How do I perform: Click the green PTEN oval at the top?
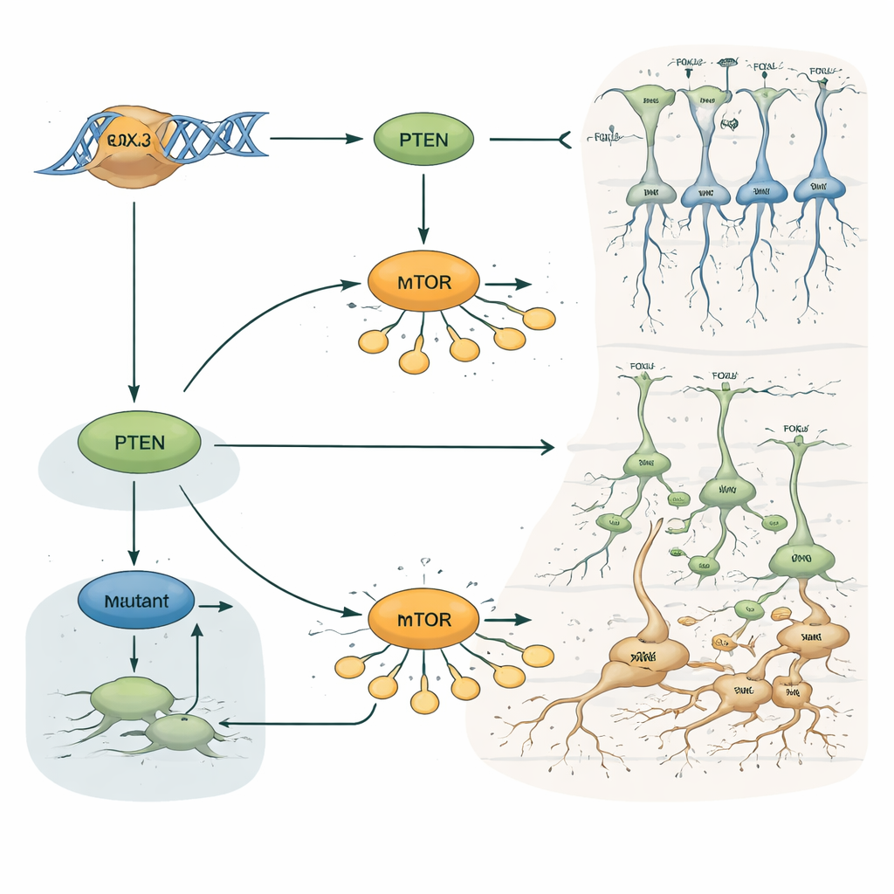coord(423,140)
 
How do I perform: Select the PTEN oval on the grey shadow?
coord(140,442)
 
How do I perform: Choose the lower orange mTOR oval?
coord(423,620)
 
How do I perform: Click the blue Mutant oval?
coord(135,602)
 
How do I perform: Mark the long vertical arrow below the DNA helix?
coord(134,297)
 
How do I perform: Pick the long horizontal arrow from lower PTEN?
coord(384,447)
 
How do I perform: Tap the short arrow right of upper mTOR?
coord(508,285)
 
